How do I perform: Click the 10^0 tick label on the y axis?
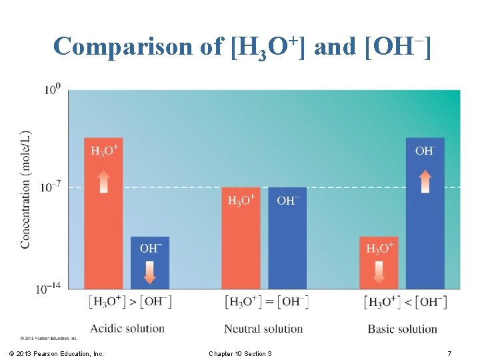(53, 89)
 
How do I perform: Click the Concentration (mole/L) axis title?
(26, 189)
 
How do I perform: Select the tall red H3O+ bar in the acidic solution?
(103, 220)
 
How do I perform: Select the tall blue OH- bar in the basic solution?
(425, 220)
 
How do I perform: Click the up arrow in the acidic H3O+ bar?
(103, 181)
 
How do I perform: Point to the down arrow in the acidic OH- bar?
(150, 271)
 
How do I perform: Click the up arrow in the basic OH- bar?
(425, 181)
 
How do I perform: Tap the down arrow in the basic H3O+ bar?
(379, 271)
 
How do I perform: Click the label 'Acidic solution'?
(127, 328)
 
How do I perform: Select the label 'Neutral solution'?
(263, 328)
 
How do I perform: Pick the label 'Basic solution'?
(402, 328)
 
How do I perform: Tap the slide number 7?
(449, 353)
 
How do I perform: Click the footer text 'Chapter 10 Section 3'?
(240, 353)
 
